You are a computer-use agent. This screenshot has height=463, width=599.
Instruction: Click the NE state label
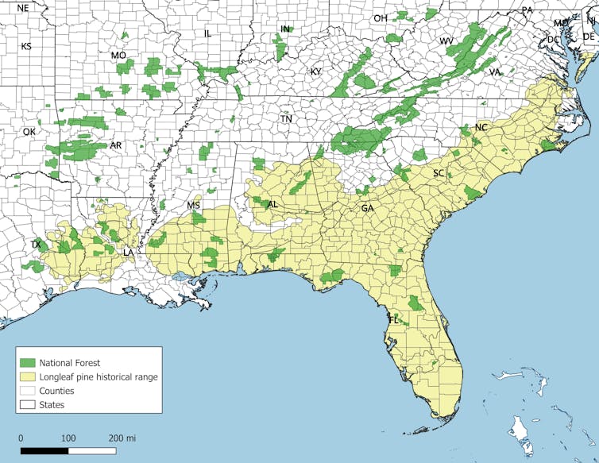pyautogui.click(x=22, y=8)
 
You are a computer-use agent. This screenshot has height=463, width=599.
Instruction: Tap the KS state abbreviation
pyautogui.click(x=26, y=47)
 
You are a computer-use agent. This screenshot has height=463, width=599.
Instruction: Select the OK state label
pyautogui.click(x=29, y=132)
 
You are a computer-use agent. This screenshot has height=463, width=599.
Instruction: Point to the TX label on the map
pyautogui.click(x=36, y=245)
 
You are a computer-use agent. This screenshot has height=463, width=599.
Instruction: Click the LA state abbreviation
pyautogui.click(x=128, y=253)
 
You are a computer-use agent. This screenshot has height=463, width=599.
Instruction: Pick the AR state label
pyautogui.click(x=116, y=146)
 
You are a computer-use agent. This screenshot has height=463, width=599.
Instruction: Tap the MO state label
pyautogui.click(x=118, y=56)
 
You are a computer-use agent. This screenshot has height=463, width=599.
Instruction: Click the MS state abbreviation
pyautogui.click(x=194, y=206)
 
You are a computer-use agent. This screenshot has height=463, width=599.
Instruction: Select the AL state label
pyautogui.click(x=272, y=205)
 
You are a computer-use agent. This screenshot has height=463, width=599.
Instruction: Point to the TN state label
pyautogui.click(x=286, y=119)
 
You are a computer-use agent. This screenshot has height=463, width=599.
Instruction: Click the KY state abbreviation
pyautogui.click(x=316, y=71)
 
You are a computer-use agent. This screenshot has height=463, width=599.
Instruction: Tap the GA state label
pyautogui.click(x=367, y=208)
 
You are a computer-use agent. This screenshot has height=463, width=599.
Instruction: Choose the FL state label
pyautogui.click(x=392, y=320)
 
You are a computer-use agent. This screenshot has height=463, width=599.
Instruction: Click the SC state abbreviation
pyautogui.click(x=439, y=173)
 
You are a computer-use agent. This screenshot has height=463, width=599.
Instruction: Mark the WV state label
pyautogui.click(x=446, y=41)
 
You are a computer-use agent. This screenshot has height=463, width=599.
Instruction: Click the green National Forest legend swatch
pyautogui.click(x=31, y=363)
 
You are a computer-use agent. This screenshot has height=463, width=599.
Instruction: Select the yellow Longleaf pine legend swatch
pyautogui.click(x=31, y=376)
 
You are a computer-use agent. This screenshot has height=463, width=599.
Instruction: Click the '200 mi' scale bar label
pyautogui.click(x=122, y=438)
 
